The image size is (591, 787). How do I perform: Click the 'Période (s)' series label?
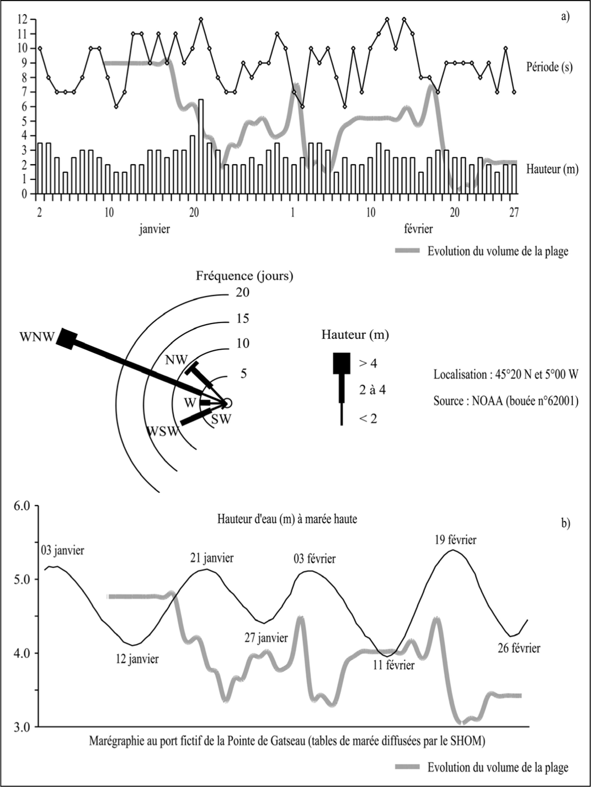pyautogui.click(x=549, y=67)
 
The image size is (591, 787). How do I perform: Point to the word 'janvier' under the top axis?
pyautogui.click(x=154, y=229)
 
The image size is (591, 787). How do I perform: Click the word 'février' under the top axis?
pyautogui.click(x=418, y=229)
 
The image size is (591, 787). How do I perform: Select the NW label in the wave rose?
pyautogui.click(x=176, y=360)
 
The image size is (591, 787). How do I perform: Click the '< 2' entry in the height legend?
pyautogui.click(x=368, y=419)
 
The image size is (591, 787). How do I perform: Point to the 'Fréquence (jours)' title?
pyautogui.click(x=244, y=276)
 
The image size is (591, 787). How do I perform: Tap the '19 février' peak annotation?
pyautogui.click(x=455, y=540)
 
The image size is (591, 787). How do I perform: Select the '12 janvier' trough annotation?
pyautogui.click(x=137, y=659)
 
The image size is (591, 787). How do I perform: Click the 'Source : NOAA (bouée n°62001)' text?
pyautogui.click(x=506, y=401)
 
